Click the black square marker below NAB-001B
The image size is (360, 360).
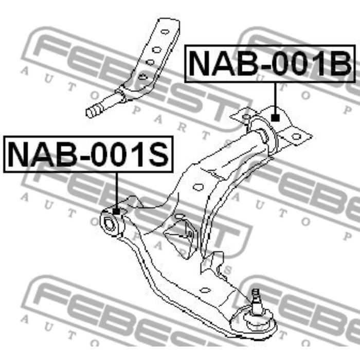275,117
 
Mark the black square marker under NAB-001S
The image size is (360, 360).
116,210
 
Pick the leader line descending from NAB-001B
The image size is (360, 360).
275,98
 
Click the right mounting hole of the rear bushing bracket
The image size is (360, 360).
296,137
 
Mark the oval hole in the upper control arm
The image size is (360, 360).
197,188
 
